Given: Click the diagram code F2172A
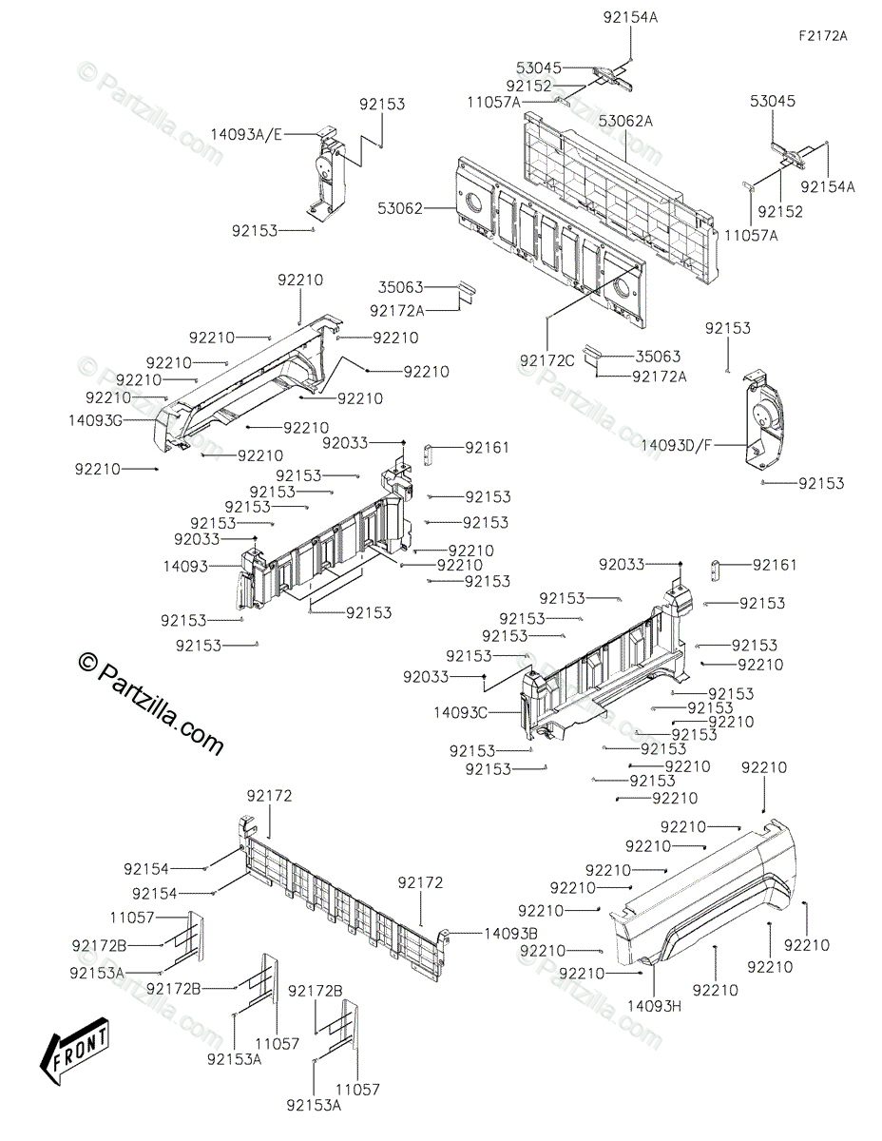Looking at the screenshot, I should (822, 36).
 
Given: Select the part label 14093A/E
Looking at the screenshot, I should (247, 135).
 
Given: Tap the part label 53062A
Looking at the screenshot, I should (625, 121).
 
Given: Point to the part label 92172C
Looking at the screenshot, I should (547, 360).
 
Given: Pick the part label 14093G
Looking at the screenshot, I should (96, 417).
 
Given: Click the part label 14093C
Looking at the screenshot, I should (460, 711).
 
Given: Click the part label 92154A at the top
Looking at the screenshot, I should (629, 17).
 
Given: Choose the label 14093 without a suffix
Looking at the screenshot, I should (185, 566).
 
